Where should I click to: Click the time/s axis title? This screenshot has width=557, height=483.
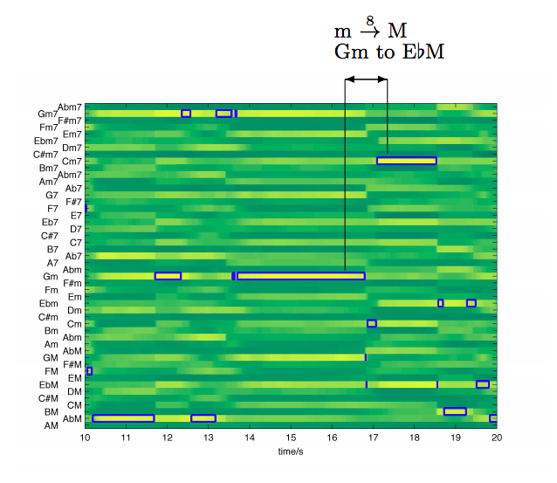pos(291,452)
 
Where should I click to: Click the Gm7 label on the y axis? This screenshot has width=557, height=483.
pos(47,114)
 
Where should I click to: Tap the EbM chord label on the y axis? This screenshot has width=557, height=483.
pos(47,385)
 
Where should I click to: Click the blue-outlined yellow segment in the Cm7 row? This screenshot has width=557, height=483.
pos(406,161)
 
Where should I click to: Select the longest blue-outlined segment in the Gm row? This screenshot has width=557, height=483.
pos(300,276)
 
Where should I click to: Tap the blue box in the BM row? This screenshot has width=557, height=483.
pos(455,411)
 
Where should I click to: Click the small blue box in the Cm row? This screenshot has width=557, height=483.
pos(372,323)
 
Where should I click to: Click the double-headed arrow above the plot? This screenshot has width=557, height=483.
pos(366,79)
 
